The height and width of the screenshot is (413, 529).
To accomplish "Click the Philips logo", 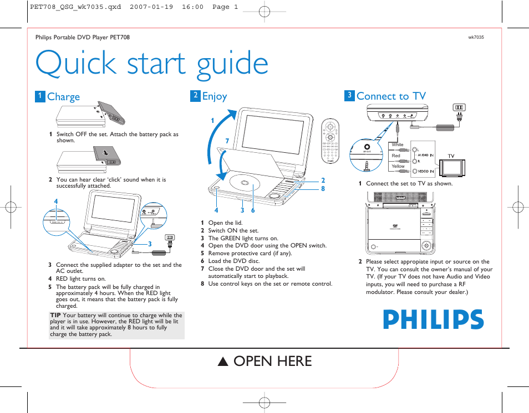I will pos(433,320).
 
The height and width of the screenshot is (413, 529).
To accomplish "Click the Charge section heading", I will pos(63,97).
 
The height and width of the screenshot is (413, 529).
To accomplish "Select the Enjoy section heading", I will pos(214,96).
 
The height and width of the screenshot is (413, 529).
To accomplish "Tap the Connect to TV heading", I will pos(391,96).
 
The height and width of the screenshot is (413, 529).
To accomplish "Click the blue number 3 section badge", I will pos(349,96).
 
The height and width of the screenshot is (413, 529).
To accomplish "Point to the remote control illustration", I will pos(330,141).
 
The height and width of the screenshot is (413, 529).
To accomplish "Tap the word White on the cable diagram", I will pos(398,145).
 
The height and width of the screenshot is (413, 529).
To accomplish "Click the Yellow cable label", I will pos(398,166).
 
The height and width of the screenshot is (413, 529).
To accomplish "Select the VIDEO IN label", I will pos(425,172).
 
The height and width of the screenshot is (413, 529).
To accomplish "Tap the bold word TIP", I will pos(55,316).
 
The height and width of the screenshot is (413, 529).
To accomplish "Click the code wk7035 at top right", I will pos(476,38).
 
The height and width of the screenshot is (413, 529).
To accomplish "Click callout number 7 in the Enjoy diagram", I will pos(227,142).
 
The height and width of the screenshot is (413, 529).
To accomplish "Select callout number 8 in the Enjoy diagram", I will pos(323,189).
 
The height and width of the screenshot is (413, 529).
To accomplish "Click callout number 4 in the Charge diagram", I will pos(55,201).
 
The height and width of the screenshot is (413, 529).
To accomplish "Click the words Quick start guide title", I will pos(152,64).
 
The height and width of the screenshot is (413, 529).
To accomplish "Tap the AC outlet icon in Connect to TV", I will pos(459,107).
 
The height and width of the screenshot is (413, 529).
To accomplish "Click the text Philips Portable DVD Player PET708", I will pos(83,38).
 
